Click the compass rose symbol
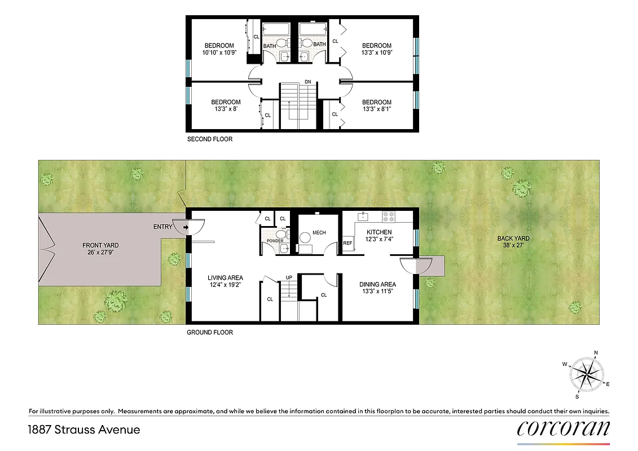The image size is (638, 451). [587, 373]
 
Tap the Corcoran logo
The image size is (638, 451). [563, 428]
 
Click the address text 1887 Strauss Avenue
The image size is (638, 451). [83, 430]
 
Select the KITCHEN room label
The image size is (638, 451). [379, 232]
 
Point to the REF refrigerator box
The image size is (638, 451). [347, 243]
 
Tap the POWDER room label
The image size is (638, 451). [275, 241]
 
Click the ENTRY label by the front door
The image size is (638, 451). [162, 227]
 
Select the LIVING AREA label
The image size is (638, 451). [225, 277]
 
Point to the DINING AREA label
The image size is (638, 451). [377, 284]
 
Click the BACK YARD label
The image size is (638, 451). [513, 238]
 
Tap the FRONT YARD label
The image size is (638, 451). [100, 245]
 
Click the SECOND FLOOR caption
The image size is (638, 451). [209, 139]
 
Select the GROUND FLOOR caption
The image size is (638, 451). [210, 332]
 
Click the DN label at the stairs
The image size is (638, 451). [308, 82]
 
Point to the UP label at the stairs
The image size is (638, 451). [289, 277]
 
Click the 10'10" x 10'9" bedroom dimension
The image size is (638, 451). [219, 52]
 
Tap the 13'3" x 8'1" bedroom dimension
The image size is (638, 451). [376, 109]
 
